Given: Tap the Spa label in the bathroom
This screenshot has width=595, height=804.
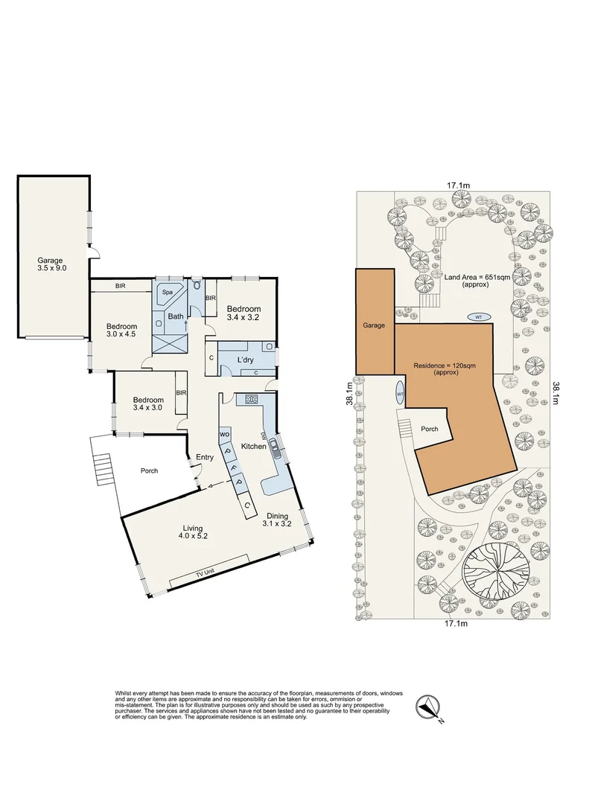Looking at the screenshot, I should tap(166, 293).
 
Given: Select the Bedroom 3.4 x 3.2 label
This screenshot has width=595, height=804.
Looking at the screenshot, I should tap(244, 313).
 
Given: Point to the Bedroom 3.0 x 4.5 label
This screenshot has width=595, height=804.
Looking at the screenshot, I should tap(121, 331).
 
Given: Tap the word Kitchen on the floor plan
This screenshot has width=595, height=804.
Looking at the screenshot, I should tap(254, 447).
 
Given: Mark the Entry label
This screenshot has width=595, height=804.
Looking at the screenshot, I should tap(205, 458).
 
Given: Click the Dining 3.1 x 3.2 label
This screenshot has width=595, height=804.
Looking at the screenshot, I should tap(278, 520).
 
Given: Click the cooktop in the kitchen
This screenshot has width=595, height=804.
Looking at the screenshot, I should tap(251, 399).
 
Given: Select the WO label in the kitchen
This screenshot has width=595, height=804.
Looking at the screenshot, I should tap(223, 433).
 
